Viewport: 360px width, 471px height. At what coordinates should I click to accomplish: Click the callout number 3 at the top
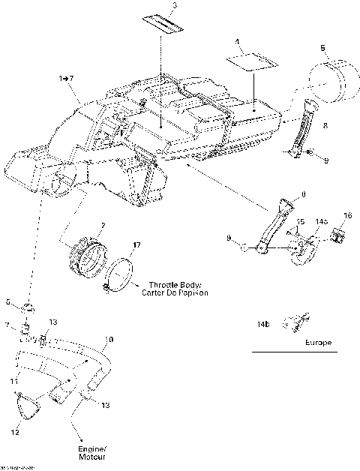point(174,6)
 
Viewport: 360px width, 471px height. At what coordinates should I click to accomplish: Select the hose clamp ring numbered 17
point(120,274)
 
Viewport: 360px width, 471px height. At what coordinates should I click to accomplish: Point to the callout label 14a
point(321,222)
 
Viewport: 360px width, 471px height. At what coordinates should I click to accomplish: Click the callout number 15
point(299,221)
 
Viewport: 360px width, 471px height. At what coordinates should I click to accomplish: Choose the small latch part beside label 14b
point(290,323)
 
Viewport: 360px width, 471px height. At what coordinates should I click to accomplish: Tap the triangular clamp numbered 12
point(28,409)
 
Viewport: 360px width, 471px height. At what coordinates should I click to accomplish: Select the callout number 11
point(14,382)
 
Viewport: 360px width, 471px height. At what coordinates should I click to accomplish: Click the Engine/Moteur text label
point(90,451)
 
